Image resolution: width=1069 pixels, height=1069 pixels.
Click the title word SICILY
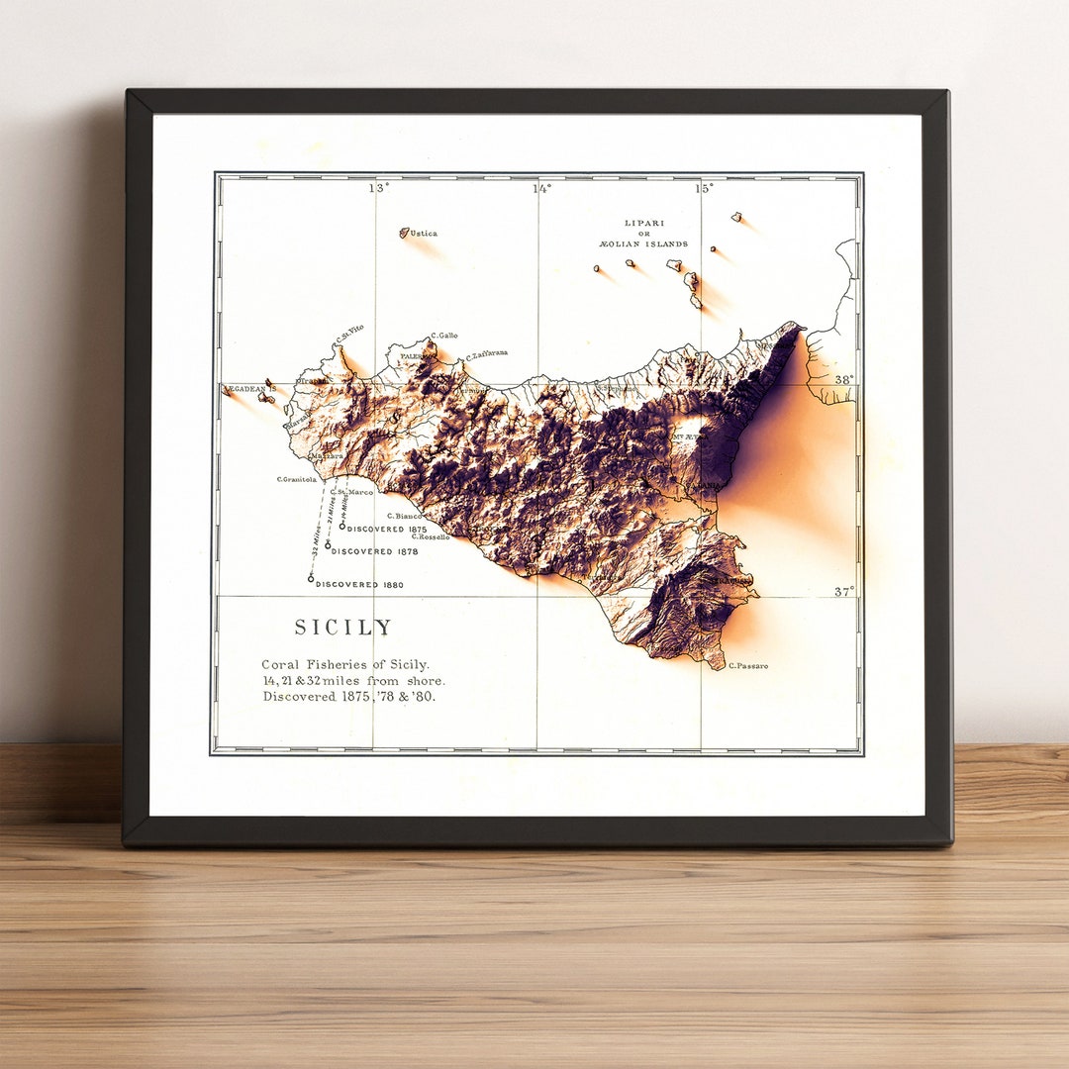click(343, 628)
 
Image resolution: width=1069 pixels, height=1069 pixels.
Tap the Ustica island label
click(424, 234)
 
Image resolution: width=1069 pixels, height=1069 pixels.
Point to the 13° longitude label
click(379, 188)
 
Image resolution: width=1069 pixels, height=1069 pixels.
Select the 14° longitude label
click(542, 188)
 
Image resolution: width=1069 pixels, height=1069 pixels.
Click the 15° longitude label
click(704, 188)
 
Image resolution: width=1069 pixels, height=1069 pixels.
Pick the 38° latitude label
click(843, 379)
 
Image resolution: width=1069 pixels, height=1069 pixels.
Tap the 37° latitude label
click(843, 592)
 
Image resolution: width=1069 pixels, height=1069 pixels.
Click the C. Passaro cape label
click(748, 666)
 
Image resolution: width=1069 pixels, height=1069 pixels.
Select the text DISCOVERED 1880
click(359, 585)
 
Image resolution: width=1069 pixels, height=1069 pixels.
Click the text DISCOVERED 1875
click(387, 530)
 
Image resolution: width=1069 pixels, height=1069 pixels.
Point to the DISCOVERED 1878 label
click(375, 551)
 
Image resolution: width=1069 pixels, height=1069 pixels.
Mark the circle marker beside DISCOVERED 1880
click(311, 578)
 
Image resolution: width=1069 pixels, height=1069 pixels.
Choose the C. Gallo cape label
click(444, 336)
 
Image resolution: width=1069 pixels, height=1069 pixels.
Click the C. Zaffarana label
click(487, 354)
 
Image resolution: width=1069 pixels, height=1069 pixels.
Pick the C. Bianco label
click(405, 516)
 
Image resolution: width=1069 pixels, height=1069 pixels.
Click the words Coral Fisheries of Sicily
click(345, 664)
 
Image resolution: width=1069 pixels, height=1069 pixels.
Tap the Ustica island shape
click(404, 233)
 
